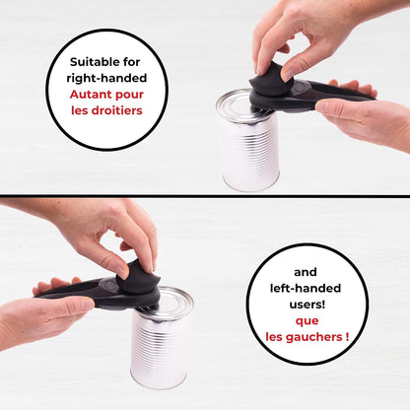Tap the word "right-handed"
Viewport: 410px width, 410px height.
[106, 78]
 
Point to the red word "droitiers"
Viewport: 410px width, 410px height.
[116, 110]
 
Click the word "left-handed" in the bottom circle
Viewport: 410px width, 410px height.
[306, 288]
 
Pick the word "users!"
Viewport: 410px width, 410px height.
[307, 305]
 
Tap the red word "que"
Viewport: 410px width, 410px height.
[307, 321]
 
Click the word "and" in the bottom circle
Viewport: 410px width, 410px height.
[306, 272]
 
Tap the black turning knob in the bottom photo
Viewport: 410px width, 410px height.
[138, 278]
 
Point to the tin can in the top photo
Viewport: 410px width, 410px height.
[247, 140]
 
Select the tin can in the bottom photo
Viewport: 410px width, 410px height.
[162, 338]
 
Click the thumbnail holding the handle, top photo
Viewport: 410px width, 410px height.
[322, 106]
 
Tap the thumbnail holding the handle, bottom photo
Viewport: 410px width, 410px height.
[88, 304]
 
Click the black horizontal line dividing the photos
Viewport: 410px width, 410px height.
[205, 196]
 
